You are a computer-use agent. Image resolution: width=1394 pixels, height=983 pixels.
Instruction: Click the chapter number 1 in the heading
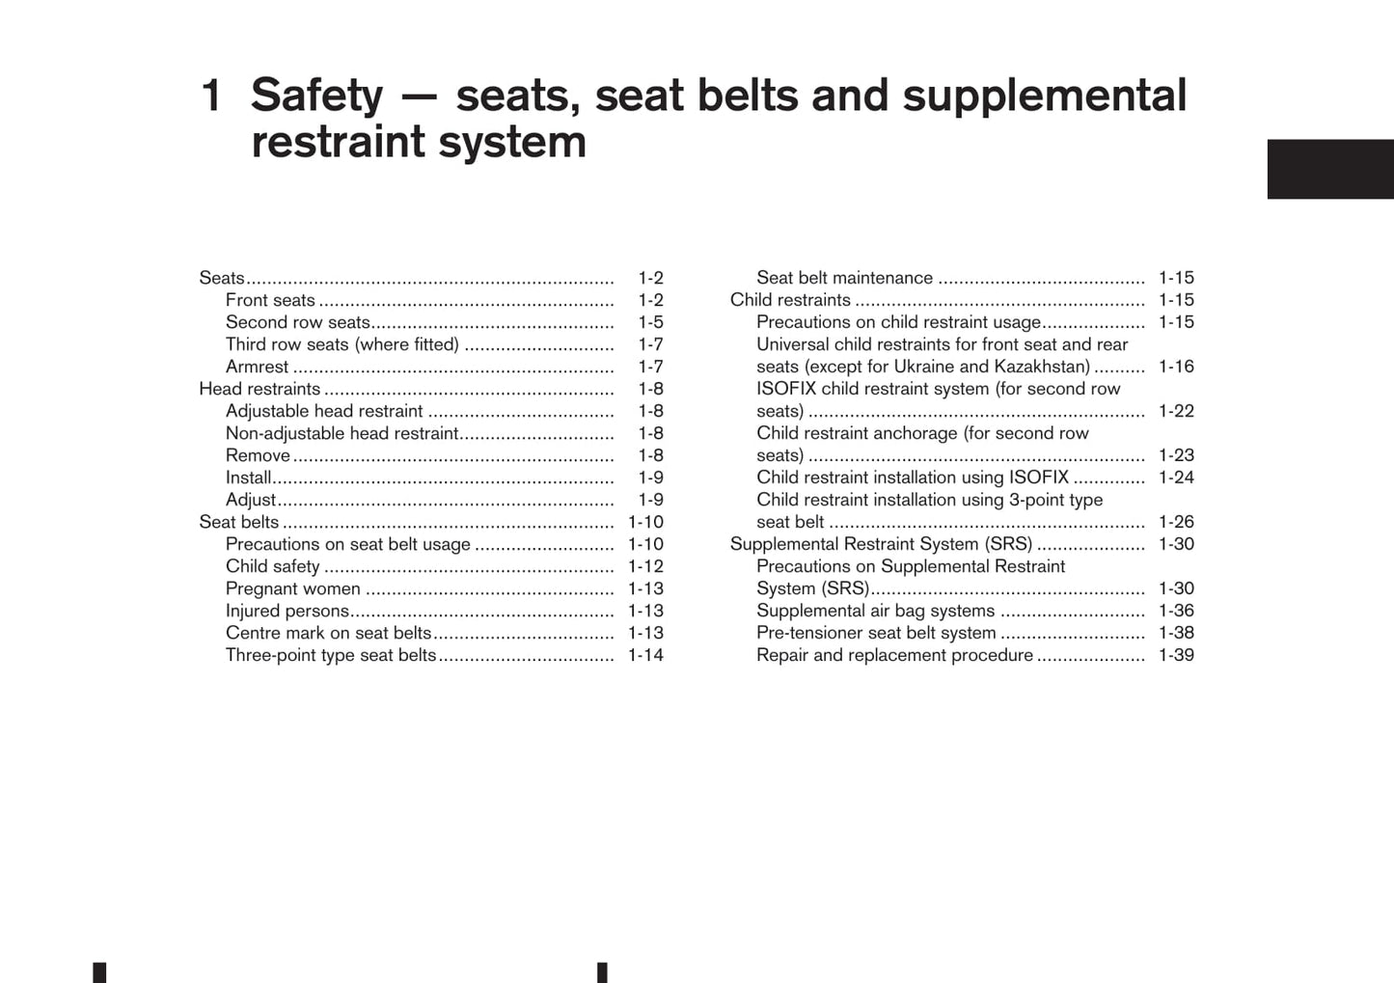click(x=210, y=96)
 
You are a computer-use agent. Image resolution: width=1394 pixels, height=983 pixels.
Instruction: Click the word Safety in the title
click(x=316, y=96)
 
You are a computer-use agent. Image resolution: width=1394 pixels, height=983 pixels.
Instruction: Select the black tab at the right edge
click(x=1329, y=169)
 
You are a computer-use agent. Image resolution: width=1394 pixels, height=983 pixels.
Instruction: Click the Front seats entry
click(x=270, y=300)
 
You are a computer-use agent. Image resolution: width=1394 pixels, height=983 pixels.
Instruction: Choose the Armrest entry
click(x=257, y=367)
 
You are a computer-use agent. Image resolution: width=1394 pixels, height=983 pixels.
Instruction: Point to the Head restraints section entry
click(x=260, y=389)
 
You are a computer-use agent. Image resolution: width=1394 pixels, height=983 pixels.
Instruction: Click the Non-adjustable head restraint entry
click(x=342, y=433)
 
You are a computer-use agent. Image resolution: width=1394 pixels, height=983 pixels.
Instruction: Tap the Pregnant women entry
click(x=292, y=588)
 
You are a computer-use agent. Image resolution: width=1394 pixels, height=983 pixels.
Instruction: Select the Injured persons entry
click(x=287, y=611)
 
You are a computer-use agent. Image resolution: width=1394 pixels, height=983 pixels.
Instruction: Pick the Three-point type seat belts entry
click(x=331, y=655)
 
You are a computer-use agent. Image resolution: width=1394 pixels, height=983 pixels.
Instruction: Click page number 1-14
click(x=645, y=655)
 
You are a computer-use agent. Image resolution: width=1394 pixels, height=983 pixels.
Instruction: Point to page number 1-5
click(x=650, y=322)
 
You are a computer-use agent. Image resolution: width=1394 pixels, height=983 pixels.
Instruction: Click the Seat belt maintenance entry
click(x=844, y=278)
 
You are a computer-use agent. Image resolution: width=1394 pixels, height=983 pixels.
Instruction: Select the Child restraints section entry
click(x=790, y=300)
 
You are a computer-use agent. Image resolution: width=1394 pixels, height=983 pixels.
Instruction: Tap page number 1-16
click(x=1176, y=367)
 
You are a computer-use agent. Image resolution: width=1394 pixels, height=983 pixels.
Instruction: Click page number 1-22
click(x=1176, y=411)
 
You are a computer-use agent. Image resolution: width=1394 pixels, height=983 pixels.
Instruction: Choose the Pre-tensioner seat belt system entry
click(x=876, y=633)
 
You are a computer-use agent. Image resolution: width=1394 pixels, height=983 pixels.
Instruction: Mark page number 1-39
click(x=1176, y=655)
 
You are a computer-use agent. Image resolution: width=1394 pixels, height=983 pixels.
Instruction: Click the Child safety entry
click(x=272, y=566)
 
